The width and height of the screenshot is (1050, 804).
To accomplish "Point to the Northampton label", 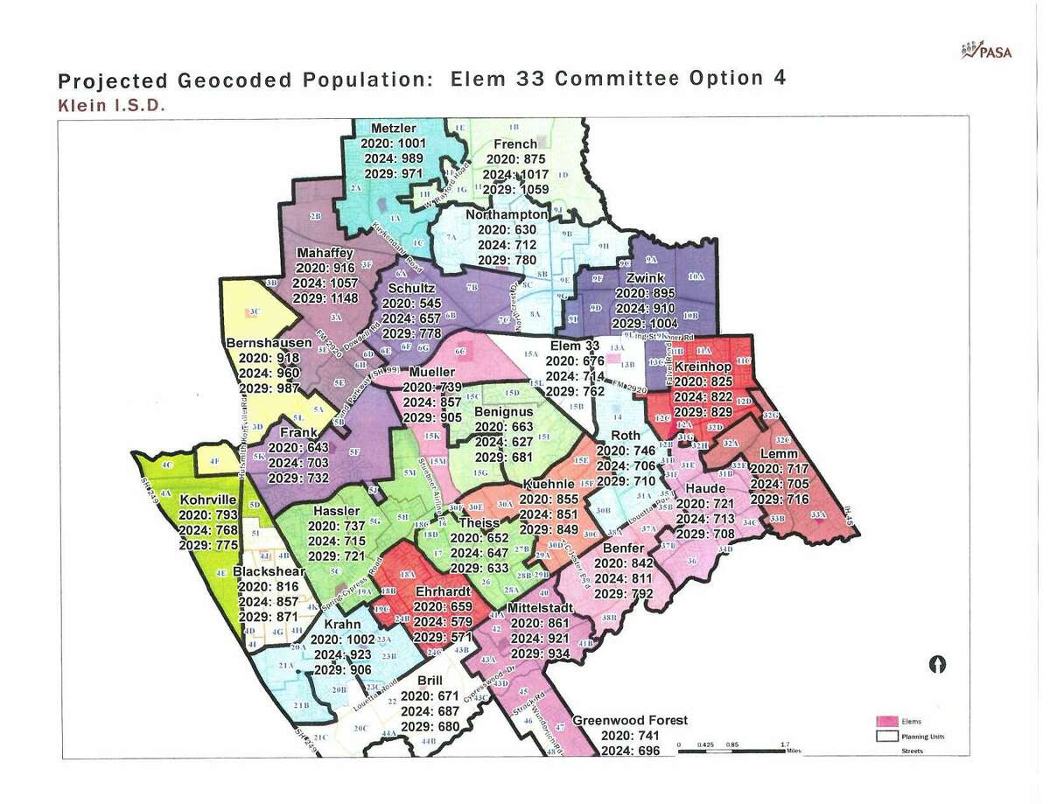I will point(507,214).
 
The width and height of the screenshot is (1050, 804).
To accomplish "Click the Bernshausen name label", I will point(269,343).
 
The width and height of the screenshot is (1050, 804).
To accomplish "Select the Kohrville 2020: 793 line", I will point(206,515).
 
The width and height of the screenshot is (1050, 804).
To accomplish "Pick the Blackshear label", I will point(269,572).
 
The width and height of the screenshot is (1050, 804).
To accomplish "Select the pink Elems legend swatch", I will point(888,721).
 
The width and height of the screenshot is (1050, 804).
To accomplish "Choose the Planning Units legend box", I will point(888,736).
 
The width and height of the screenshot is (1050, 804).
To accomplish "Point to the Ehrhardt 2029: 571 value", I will point(444,637).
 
